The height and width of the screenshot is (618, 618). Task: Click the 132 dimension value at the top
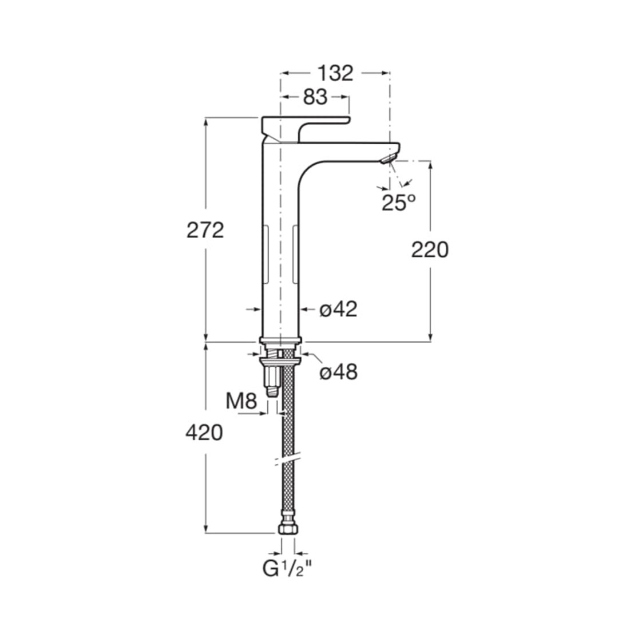[335, 73]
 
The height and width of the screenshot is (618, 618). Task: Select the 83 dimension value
[315, 97]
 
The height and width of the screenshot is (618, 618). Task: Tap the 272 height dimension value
[205, 230]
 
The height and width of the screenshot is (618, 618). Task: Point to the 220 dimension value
[430, 249]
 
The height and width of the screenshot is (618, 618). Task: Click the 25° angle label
[398, 203]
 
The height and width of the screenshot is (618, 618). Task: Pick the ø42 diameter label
[338, 309]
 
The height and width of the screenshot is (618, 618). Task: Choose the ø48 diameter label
[339, 372]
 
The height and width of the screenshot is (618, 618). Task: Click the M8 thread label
[241, 402]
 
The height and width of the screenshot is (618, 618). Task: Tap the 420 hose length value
[204, 433]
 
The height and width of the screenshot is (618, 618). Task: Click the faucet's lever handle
[306, 129]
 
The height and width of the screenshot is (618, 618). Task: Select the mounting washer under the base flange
[280, 360]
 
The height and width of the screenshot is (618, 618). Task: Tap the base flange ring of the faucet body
[280, 339]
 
